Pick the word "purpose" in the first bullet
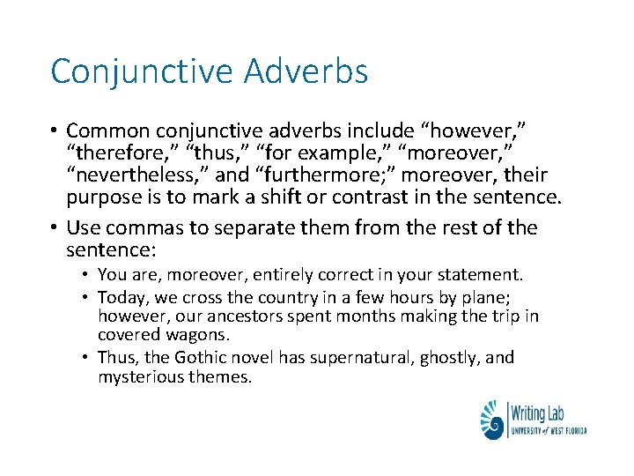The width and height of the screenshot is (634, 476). [x=104, y=197]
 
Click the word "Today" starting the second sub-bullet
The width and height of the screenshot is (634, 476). [x=119, y=295]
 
